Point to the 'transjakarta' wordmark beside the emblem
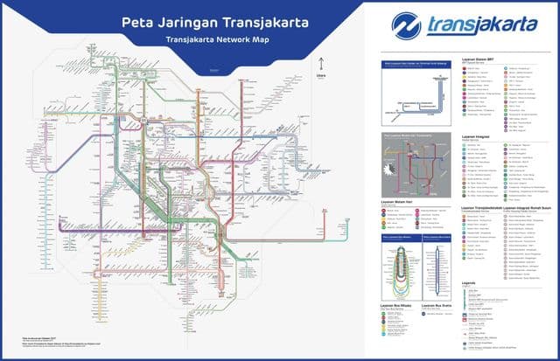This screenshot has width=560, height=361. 484,24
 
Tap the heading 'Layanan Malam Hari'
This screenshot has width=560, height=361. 399,201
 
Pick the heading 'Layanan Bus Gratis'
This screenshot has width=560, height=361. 436,305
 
